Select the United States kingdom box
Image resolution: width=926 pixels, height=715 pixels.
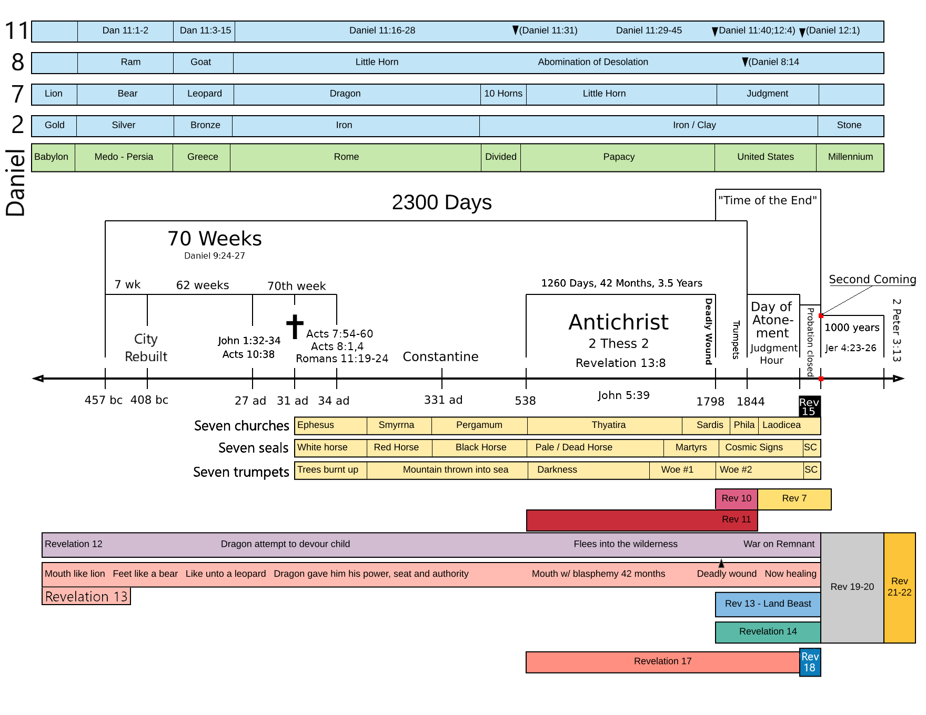[765, 157]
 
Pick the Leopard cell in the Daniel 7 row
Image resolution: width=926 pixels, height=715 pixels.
[204, 94]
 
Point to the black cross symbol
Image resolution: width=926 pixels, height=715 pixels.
[295, 326]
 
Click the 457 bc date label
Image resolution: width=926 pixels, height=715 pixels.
[103, 400]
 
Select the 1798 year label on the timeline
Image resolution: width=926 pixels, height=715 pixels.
[710, 402]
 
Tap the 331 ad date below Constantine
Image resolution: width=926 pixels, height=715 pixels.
[443, 400]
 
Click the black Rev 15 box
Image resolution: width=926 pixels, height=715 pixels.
[809, 406]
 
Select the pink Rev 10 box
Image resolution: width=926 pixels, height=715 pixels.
[736, 499]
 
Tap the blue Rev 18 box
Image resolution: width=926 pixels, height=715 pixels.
[810, 662]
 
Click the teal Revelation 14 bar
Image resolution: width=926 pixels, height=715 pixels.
[768, 632]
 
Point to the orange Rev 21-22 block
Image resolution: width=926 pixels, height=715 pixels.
[899, 587]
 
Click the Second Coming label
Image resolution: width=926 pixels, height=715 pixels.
[872, 280]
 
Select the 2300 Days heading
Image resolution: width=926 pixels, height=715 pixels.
[441, 203]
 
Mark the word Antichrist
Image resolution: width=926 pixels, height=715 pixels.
[618, 322]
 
